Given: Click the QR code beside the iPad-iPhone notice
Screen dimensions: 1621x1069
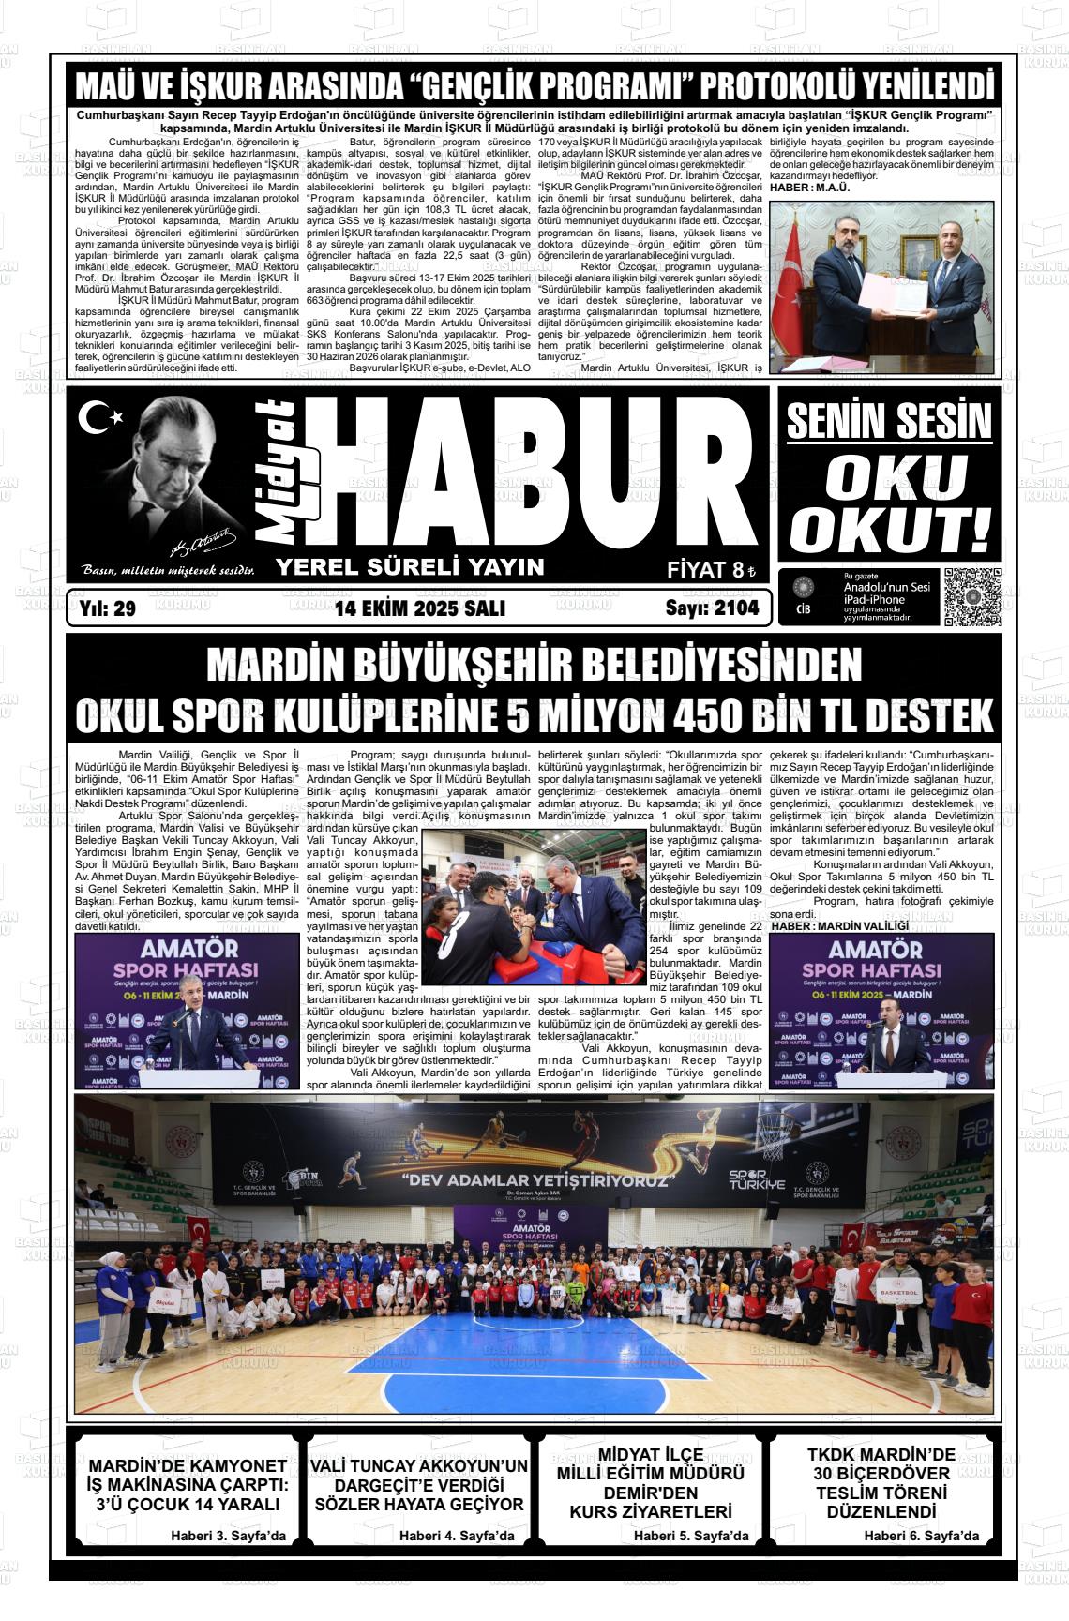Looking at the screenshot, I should click(972, 596).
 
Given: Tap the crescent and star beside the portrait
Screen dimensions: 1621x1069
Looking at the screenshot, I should click(95, 417).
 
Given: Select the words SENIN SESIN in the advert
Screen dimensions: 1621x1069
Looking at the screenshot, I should click(888, 423).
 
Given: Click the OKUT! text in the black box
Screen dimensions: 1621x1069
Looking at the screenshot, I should click(889, 530).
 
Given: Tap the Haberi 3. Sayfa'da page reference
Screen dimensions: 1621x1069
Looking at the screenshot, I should click(228, 1536).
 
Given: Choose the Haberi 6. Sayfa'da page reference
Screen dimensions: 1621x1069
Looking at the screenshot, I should click(921, 1536).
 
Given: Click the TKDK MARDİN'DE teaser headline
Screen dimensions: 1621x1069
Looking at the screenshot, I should click(881, 1455).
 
